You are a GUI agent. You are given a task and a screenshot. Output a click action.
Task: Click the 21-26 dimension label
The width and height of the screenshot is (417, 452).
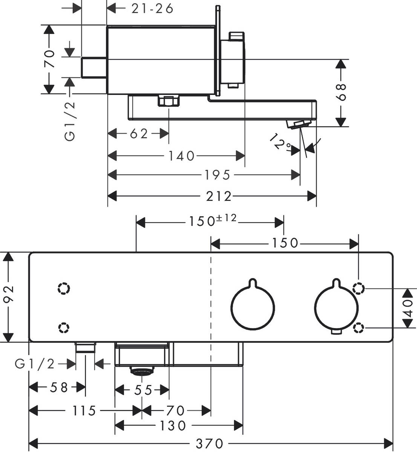coord(152,8)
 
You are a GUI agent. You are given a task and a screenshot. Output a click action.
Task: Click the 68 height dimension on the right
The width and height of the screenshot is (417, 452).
coord(341,92)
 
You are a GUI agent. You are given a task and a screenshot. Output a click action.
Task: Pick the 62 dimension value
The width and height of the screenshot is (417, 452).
coord(139,133)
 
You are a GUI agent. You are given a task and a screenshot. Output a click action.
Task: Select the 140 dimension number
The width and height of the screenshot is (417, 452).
coord(181,156)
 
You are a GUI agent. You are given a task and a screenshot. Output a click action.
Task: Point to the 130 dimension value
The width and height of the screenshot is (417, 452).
coord(172,426)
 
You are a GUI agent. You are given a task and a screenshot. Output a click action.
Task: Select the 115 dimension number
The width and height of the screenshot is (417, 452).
coord(83,410)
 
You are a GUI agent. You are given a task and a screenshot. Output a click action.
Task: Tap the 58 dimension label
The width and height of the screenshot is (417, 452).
coord(59,387)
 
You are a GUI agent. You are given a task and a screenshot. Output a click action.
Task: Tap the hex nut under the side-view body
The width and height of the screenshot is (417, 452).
coord(168,101)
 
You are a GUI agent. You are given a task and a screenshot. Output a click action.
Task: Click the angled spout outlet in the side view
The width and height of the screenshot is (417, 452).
coord(298,124)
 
